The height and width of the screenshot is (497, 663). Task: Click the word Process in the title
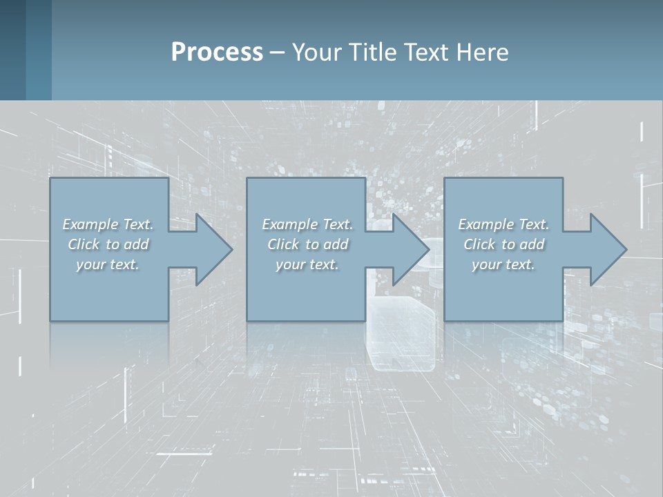pyautogui.click(x=217, y=52)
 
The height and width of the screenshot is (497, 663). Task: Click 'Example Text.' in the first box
pyautogui.click(x=108, y=224)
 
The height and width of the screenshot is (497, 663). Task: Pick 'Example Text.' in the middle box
pyautogui.click(x=307, y=224)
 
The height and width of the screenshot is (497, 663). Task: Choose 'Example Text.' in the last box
pyautogui.click(x=503, y=224)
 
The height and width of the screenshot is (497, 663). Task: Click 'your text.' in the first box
pyautogui.click(x=108, y=264)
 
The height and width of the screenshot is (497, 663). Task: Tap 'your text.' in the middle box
pyautogui.click(x=307, y=264)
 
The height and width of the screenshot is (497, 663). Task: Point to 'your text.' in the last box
pyautogui.click(x=503, y=264)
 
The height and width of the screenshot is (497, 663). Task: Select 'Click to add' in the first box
pyautogui.click(x=108, y=244)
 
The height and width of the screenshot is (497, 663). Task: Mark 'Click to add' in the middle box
pyautogui.click(x=307, y=244)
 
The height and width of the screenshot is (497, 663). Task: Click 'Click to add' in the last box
pyautogui.click(x=503, y=244)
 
